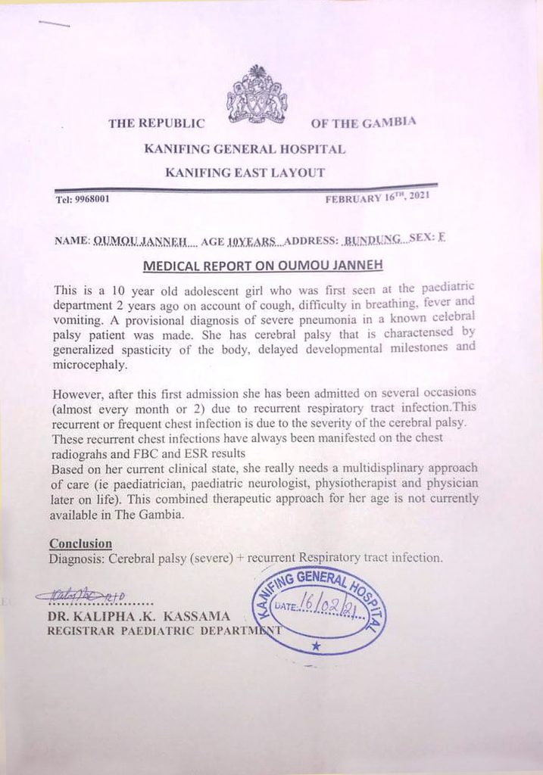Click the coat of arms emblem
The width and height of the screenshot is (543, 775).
click(257, 95)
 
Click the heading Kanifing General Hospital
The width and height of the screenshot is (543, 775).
click(245, 149)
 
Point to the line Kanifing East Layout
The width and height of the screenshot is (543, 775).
click(245, 173)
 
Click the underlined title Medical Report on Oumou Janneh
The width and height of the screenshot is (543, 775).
click(263, 266)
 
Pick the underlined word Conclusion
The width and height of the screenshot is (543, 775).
click(80, 543)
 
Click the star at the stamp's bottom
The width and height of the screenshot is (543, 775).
click(316, 646)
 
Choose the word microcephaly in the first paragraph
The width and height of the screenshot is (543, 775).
click(90, 363)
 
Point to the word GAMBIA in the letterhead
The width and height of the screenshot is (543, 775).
click(391, 122)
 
